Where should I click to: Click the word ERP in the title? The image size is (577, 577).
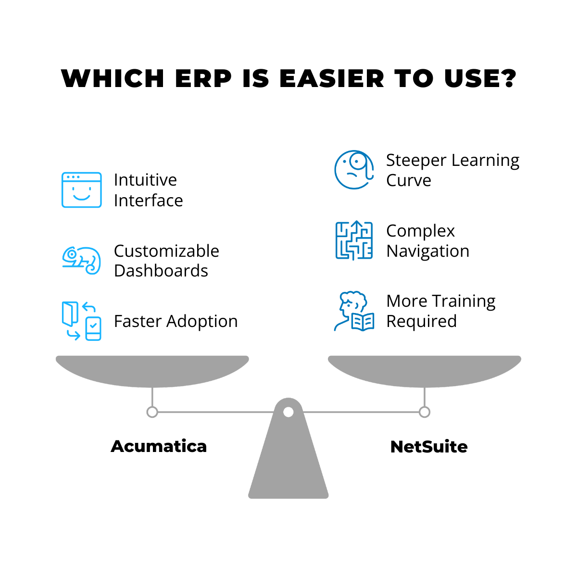pos(203,78)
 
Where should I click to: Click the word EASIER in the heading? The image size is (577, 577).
pos(331,78)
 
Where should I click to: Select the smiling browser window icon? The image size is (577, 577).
pos(81,190)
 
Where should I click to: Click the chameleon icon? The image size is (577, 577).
pos(81,260)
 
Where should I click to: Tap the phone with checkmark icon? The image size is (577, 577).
pos(93,328)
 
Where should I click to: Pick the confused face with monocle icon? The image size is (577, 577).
pos(354,169)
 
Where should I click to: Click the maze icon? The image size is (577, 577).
pos(354,240)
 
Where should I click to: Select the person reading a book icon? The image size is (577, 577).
pos(354,311)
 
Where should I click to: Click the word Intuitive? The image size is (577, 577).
pos(145,180)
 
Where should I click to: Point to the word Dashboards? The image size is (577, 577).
pos(161,271)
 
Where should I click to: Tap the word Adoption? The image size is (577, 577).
pos(202,322)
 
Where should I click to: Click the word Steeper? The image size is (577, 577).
pos(416,160)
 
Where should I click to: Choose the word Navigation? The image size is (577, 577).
pos(427,251)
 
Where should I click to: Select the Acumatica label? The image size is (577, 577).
pos(159,446)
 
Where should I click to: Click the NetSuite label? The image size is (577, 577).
pos(429,447)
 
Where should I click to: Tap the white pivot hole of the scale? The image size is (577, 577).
pos(288,412)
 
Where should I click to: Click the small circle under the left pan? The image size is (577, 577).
pos(152,412)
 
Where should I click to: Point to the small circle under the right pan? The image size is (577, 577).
pos(424,412)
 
